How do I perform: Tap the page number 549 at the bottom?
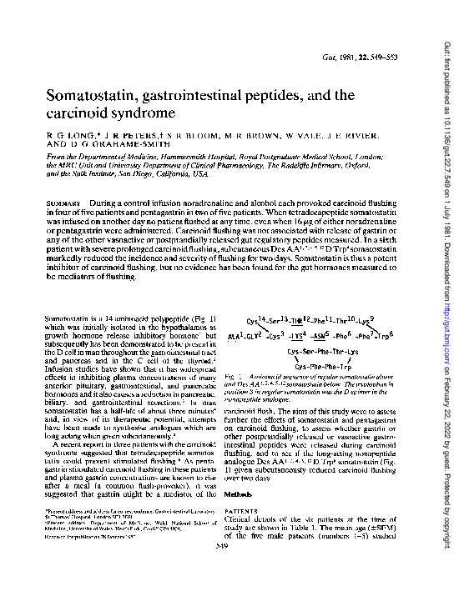239,569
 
